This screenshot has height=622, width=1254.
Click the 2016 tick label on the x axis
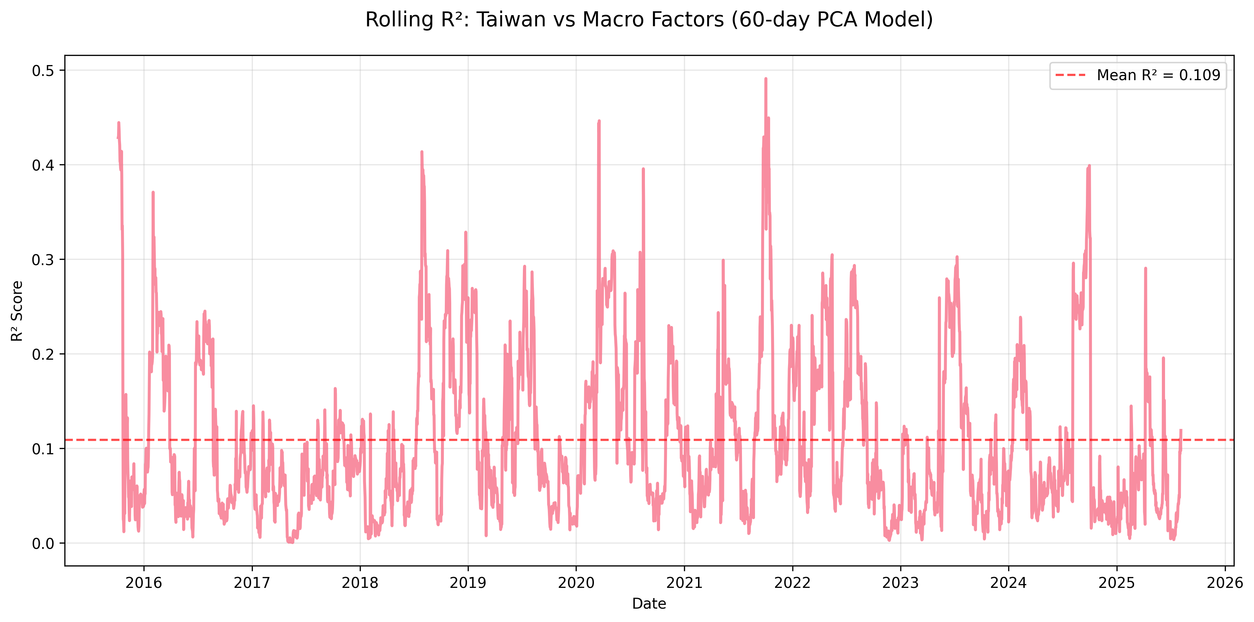click(143, 583)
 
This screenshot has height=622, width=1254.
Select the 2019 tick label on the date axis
click(468, 583)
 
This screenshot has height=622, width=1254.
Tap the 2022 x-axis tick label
click(793, 583)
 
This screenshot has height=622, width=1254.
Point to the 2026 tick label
click(1225, 583)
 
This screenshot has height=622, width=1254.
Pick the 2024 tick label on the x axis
click(1009, 583)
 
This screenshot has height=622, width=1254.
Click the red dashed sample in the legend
click(1070, 76)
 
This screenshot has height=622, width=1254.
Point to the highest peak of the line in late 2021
click(766, 78)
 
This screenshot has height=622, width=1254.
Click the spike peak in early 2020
click(599, 120)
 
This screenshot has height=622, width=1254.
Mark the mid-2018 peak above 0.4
click(422, 152)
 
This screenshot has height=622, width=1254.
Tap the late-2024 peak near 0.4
click(1089, 166)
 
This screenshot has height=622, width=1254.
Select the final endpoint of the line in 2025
click(1181, 430)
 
